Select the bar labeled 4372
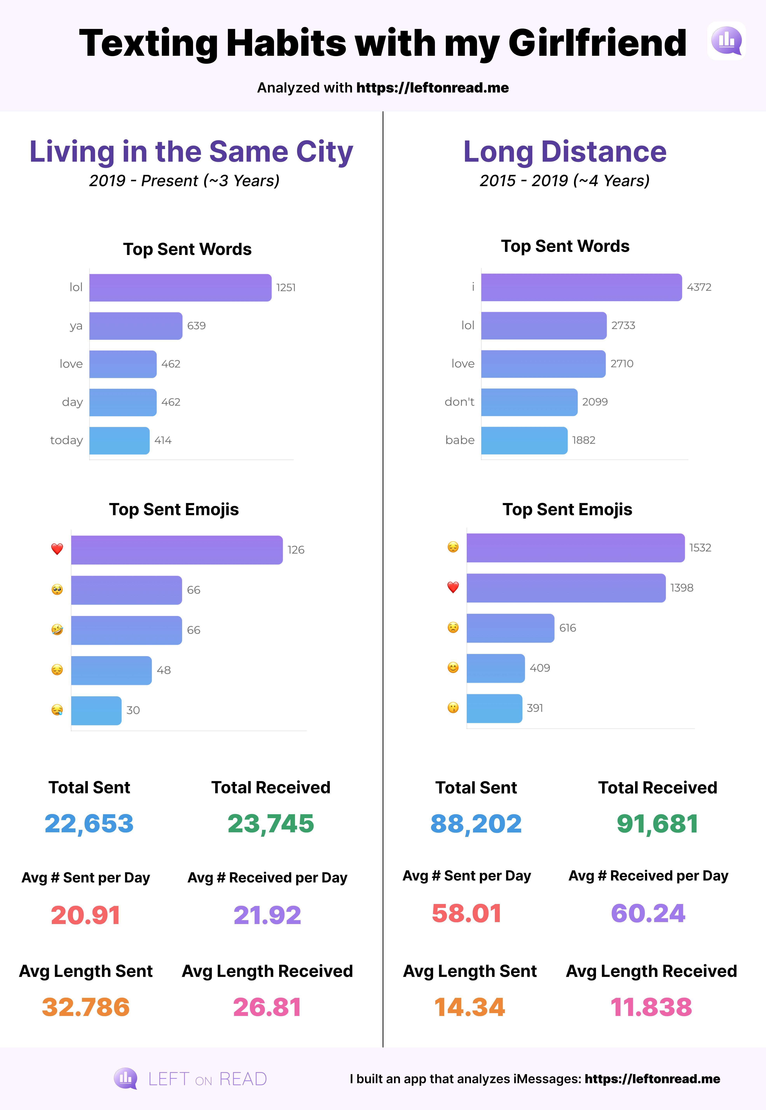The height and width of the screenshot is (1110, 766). [x=581, y=287]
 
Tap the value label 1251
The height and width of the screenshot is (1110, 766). [x=286, y=287]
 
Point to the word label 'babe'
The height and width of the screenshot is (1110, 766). [x=460, y=440]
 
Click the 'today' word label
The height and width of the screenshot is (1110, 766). [x=67, y=440]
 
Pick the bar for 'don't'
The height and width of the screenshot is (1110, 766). [x=529, y=402]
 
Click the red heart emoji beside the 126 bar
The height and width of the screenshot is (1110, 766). [x=57, y=549]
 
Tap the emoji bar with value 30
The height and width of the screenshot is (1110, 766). [x=96, y=710]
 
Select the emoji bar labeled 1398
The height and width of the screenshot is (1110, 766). [x=566, y=588]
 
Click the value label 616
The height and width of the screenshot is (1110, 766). [x=568, y=628]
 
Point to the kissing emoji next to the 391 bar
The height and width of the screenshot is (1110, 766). [x=453, y=708]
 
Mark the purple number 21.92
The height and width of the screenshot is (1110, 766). [x=267, y=915]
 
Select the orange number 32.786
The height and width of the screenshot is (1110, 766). [x=86, y=1007]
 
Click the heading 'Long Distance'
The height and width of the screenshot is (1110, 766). [x=565, y=152]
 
